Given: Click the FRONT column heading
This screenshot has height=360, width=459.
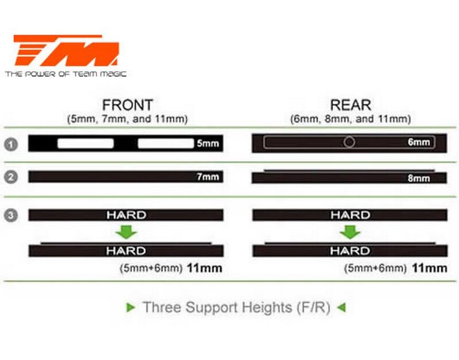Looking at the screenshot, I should (x=127, y=106).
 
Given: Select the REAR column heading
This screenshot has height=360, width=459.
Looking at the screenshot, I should (x=351, y=106).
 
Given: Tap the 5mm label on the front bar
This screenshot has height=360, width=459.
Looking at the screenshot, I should (x=207, y=144).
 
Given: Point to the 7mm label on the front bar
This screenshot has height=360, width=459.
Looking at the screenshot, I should (x=208, y=177).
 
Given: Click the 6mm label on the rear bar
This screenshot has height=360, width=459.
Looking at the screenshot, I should (x=419, y=142).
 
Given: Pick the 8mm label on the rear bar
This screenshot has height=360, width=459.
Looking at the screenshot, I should (x=419, y=179).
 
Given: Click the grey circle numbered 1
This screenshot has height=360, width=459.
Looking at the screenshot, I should (x=10, y=144).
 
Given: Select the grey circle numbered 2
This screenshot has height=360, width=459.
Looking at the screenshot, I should (x=10, y=177).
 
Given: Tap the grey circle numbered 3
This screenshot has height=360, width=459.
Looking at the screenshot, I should (x=10, y=215).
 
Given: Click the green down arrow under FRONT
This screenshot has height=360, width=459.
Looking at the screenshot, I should (x=126, y=233).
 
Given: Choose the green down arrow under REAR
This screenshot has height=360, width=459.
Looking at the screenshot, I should (x=349, y=233).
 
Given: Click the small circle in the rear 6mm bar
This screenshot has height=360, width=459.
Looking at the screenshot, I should (x=349, y=142).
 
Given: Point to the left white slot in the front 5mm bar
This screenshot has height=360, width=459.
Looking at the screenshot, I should (x=85, y=144).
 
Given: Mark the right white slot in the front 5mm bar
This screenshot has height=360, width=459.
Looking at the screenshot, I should (x=165, y=144).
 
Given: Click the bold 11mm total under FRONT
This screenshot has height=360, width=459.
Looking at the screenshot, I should (x=204, y=268).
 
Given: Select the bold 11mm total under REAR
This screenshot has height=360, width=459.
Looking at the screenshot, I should (x=429, y=268).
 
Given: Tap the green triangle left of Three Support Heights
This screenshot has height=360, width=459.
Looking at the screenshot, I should (x=131, y=308).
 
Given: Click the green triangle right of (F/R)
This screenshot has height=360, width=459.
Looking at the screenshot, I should (x=341, y=308).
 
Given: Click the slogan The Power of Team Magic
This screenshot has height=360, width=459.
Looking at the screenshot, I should (x=66, y=73).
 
